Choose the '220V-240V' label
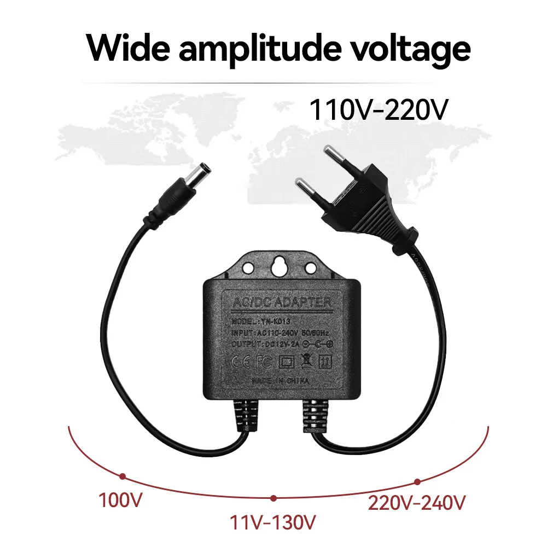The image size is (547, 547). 417,502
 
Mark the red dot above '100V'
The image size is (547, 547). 123,476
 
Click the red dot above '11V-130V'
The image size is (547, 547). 273,498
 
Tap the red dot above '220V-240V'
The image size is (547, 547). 417,481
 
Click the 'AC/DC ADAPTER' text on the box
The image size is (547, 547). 282,302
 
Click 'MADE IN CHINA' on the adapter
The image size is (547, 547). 281,380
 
